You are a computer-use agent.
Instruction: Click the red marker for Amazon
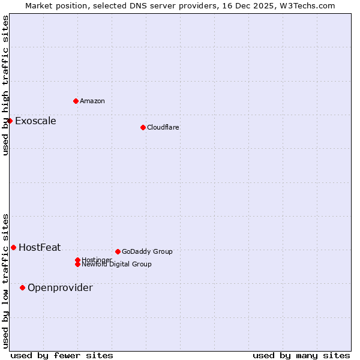coord(76,101)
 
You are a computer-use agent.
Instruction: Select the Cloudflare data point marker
coord(143,127)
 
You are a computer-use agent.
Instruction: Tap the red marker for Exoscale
coord(10,121)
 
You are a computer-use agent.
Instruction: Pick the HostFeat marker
coord(13,247)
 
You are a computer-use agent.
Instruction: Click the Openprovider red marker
coord(23,287)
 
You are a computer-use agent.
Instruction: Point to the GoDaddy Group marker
coord(118,251)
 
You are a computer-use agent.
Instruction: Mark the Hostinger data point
coord(77,260)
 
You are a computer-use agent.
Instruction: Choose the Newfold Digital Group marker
coord(77,265)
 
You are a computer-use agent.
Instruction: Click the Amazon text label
coord(92,101)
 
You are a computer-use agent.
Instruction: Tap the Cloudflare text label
coord(163,127)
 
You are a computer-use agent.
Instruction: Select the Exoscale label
coord(35,121)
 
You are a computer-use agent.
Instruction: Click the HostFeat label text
coord(40,247)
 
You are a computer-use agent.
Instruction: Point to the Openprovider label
coord(60,287)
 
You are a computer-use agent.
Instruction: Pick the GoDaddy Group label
coord(147,251)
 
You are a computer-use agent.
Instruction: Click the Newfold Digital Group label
coord(117,265)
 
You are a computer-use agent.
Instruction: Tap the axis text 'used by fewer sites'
coord(62,355)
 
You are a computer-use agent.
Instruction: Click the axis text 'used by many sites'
coord(301,355)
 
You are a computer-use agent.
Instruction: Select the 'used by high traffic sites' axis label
coord(5,85)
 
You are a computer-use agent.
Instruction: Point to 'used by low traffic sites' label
coord(5,281)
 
